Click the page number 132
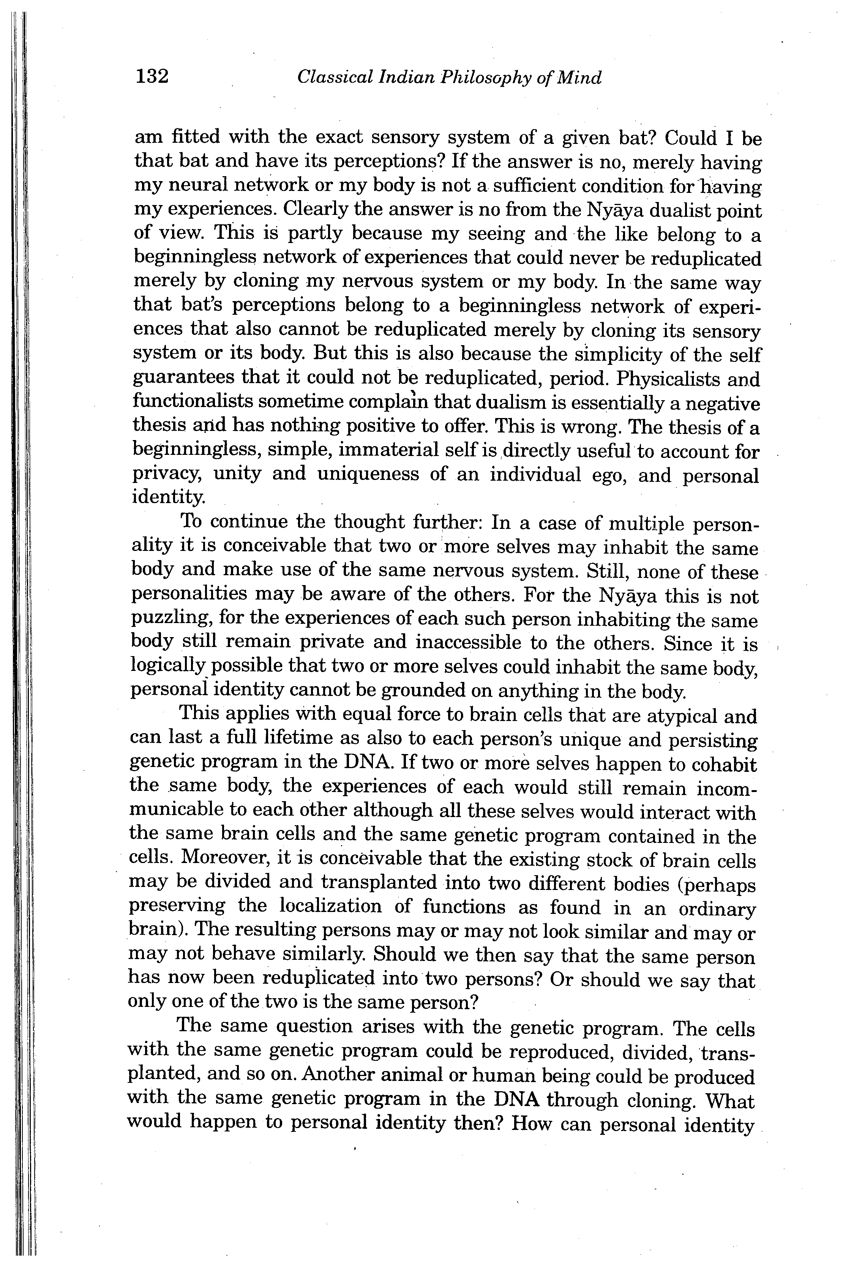point(152,76)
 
